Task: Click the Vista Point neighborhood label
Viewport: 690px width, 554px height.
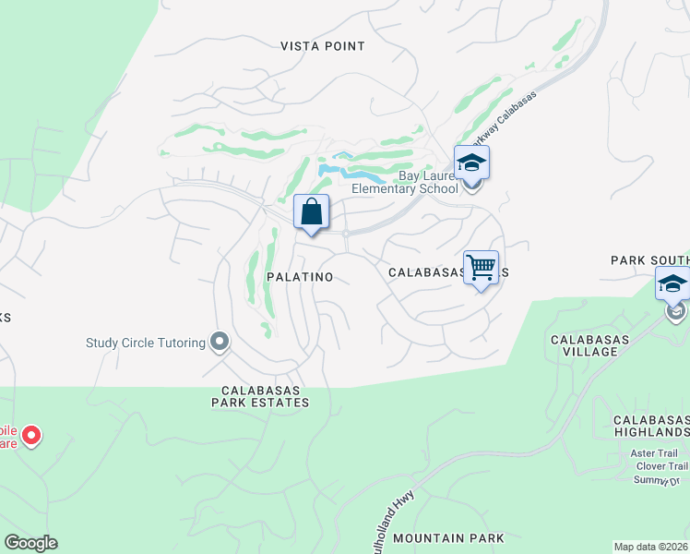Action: click(323, 46)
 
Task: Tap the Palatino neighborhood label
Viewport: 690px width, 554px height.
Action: click(299, 277)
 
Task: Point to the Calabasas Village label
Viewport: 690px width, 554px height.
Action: click(590, 345)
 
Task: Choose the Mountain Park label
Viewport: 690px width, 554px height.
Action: click(448, 537)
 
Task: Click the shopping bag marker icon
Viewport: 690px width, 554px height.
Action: click(312, 211)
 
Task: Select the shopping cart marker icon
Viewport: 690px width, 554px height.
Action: click(481, 268)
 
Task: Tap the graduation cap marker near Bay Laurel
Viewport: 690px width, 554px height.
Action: click(472, 163)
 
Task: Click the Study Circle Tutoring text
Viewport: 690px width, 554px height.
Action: click(146, 343)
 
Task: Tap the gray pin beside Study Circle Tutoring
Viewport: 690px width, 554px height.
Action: click(220, 343)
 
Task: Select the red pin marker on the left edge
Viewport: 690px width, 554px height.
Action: click(30, 435)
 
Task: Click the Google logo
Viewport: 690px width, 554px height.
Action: click(30, 543)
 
